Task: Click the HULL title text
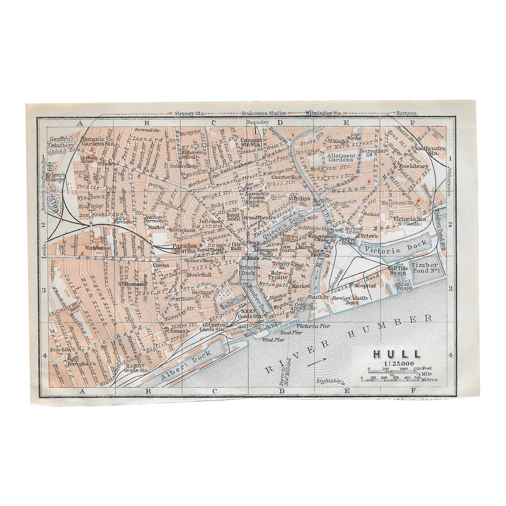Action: click(397, 354)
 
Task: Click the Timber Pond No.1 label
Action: click(424, 268)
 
